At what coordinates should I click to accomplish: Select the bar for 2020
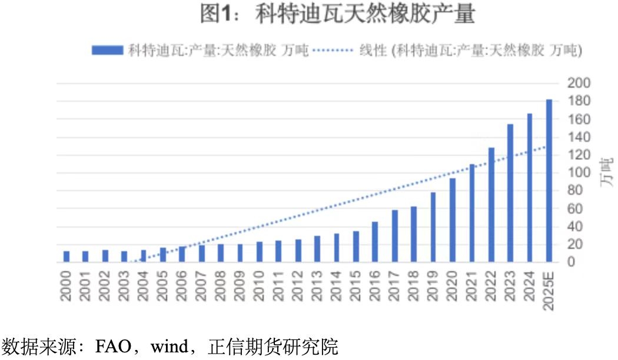tap(452, 220)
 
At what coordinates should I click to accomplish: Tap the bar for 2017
tap(394, 236)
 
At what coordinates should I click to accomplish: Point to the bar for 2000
tap(67, 256)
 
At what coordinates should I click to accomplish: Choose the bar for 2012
tap(298, 251)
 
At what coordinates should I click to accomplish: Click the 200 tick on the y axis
tap(578, 83)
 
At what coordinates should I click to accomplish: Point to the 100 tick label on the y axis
tap(578, 173)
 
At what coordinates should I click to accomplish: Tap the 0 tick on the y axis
tap(572, 262)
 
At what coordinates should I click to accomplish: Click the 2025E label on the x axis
tap(549, 291)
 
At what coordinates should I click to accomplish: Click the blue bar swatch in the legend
tap(107, 51)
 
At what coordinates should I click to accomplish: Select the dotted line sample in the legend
tap(333, 51)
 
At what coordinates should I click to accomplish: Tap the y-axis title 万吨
tap(606, 173)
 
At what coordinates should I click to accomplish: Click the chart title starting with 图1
tap(337, 15)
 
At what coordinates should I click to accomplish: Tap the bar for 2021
tap(471, 213)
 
